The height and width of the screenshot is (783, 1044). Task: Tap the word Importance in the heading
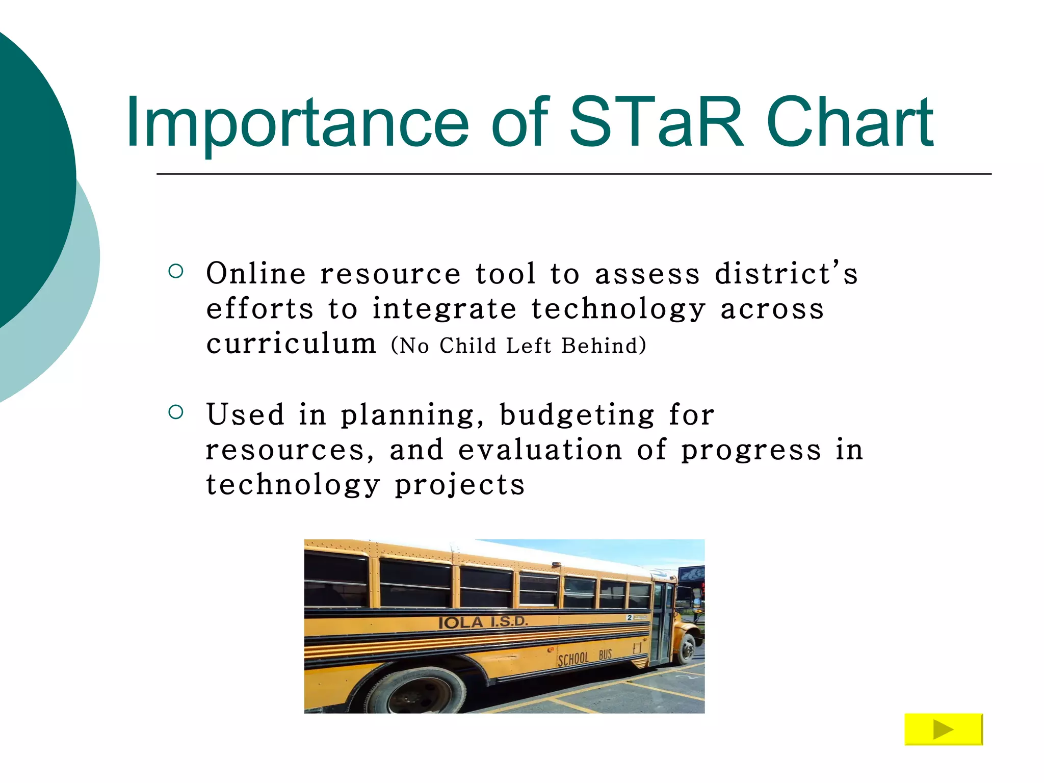pyautogui.click(x=297, y=124)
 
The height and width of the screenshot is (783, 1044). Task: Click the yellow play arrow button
pyautogui.click(x=943, y=729)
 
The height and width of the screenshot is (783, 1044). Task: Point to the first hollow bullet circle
pyautogui.click(x=175, y=271)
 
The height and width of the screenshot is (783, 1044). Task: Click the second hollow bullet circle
pyautogui.click(x=175, y=412)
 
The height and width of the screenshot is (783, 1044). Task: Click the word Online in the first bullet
pyautogui.click(x=256, y=274)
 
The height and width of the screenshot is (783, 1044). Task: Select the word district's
pyautogui.click(x=786, y=274)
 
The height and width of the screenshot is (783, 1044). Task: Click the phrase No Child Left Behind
pyautogui.click(x=518, y=346)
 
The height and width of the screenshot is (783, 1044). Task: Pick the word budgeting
pyautogui.click(x=577, y=415)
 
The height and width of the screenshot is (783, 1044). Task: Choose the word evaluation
pyautogui.click(x=540, y=450)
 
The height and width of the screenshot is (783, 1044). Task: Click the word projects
pyautogui.click(x=460, y=485)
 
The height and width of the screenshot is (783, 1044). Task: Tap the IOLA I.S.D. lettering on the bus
pyautogui.click(x=482, y=622)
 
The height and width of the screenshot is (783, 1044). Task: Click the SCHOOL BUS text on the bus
pyautogui.click(x=584, y=658)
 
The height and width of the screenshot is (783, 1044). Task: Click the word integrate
pyautogui.click(x=444, y=309)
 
